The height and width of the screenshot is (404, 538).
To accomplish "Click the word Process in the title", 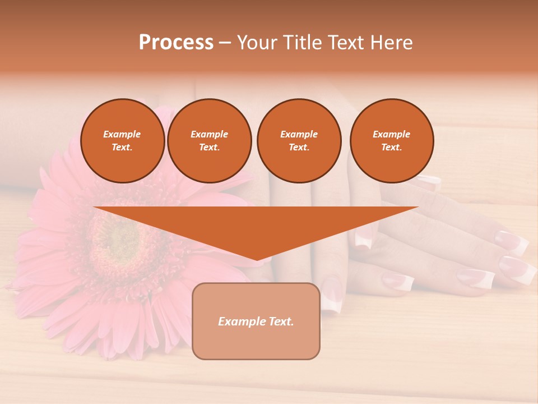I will pos(176,43).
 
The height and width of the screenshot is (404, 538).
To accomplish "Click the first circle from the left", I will pos(123,141).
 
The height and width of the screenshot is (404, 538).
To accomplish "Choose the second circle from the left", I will pos(210,141).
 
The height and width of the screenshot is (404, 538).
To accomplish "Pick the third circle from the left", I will pos(299,141).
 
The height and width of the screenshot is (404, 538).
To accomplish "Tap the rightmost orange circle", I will pos(392,141).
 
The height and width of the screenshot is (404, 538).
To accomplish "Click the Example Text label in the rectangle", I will pos(256,322).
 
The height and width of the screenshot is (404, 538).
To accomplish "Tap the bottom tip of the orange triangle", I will pos(257,259).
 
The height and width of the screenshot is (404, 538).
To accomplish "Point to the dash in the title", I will pos(225,43).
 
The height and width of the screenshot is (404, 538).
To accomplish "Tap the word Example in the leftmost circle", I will pos(122,134).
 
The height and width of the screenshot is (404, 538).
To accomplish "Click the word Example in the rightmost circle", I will pos(392,134).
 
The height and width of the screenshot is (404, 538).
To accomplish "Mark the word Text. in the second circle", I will pos(210,148).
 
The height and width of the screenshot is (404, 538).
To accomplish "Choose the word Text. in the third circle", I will pos(299,148).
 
